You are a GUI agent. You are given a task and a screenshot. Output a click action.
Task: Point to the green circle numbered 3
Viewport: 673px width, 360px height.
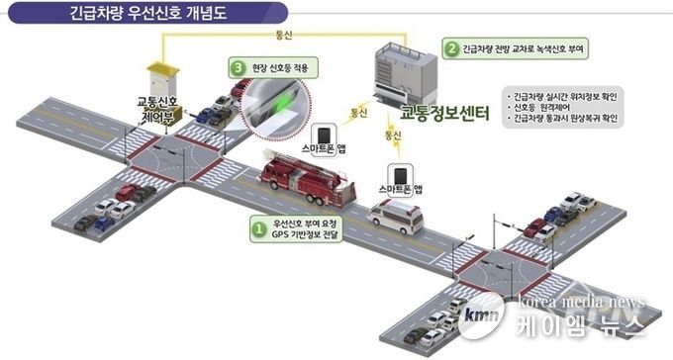click(238, 68)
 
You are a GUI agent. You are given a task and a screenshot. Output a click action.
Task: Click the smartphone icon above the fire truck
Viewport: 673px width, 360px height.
click(325, 135)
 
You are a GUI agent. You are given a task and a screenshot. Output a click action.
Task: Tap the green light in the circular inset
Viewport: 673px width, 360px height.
click(284, 102)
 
